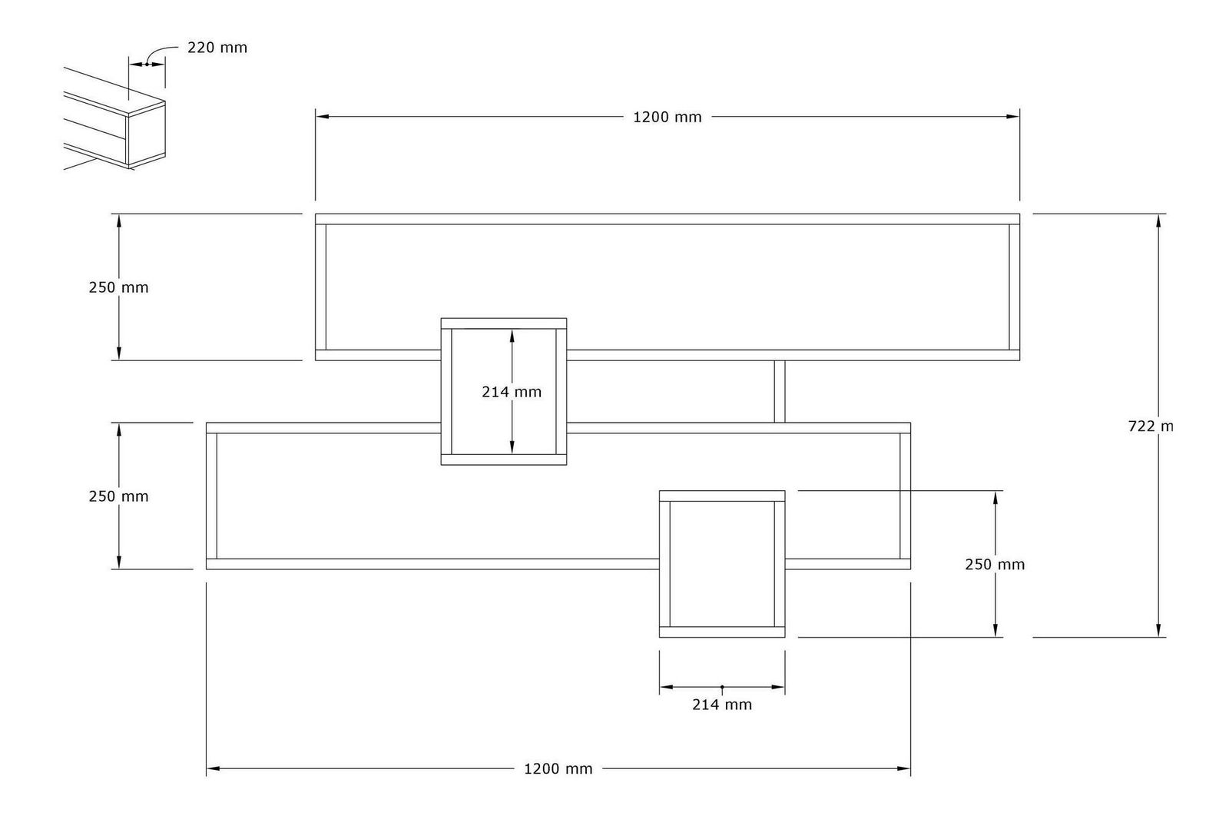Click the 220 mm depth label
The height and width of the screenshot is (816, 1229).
[217, 48]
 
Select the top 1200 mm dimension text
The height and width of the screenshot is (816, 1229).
[667, 118]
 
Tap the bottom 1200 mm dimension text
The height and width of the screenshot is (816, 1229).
[558, 768]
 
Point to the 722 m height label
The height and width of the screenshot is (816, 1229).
[1151, 426]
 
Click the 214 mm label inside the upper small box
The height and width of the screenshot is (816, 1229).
[512, 392]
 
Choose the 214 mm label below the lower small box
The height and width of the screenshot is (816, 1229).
[722, 705]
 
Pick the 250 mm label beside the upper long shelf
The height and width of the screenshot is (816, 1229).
[118, 287]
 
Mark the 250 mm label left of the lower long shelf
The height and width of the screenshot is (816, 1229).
[118, 496]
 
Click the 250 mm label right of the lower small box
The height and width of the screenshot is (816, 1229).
[995, 565]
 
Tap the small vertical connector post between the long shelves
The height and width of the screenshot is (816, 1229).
[780, 391]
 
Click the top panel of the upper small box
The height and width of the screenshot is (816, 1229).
[504, 323]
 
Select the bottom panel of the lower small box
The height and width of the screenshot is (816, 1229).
[722, 632]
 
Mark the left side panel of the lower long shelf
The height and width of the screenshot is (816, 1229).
[212, 496]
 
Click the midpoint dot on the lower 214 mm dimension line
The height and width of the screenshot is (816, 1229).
[722, 686]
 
